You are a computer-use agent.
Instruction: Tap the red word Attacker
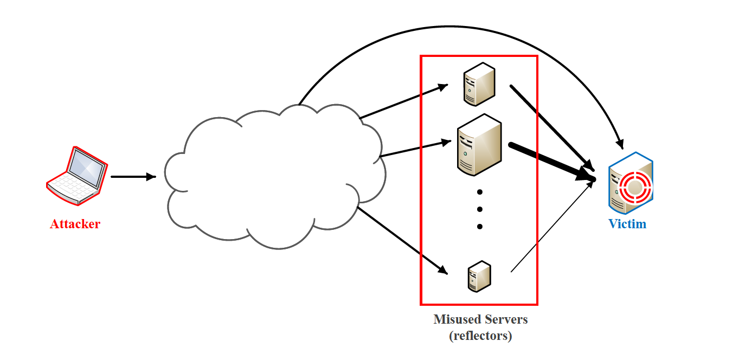pos(75,224)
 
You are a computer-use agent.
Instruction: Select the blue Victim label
pos(627,223)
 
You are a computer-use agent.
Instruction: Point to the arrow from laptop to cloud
pos(133,177)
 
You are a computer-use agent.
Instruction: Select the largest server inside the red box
pos(479,145)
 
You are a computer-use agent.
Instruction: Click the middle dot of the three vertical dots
pos(480,209)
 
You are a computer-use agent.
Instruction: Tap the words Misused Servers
pos(480,319)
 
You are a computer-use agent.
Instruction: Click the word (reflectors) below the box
pos(480,336)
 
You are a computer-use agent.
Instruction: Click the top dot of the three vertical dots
pos(480,192)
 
